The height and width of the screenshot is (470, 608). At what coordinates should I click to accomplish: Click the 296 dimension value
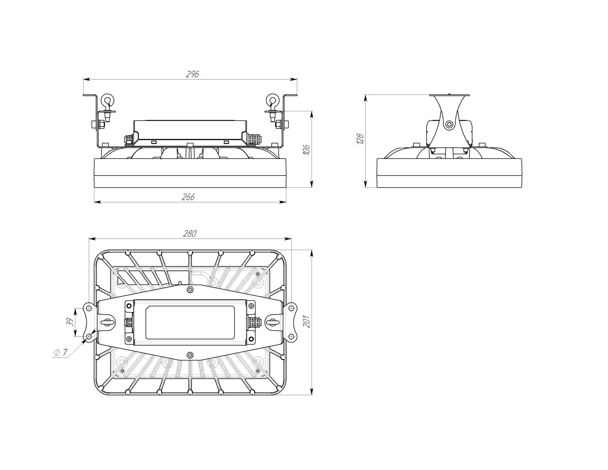pyautogui.click(x=192, y=74)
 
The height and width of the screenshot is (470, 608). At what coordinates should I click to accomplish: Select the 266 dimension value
pyautogui.click(x=188, y=197)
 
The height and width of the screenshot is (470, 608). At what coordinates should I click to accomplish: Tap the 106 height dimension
pyautogui.click(x=307, y=150)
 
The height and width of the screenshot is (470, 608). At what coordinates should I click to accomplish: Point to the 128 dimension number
pyautogui.click(x=360, y=139)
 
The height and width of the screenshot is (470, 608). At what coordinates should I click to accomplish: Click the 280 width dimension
pyautogui.click(x=190, y=234)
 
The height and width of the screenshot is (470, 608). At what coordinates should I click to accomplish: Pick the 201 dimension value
pyautogui.click(x=307, y=322)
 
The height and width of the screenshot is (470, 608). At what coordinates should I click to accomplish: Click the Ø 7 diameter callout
pyautogui.click(x=60, y=353)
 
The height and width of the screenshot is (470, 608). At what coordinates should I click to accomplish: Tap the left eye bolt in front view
pyautogui.click(x=108, y=107)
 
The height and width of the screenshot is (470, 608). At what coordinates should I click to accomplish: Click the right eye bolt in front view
pyautogui.click(x=272, y=107)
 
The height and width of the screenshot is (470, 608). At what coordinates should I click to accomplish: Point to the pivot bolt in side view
pyautogui.click(x=449, y=124)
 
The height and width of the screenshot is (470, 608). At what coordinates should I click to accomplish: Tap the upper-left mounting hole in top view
pyautogui.click(x=89, y=308)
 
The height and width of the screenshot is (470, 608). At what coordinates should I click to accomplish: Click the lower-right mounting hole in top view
pyautogui.click(x=291, y=336)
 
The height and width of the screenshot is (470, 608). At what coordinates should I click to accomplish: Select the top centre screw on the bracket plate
pyautogui.click(x=190, y=289)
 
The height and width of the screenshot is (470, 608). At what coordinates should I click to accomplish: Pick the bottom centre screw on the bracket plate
pyautogui.click(x=190, y=355)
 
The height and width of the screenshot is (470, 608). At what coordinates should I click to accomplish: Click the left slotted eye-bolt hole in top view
pyautogui.click(x=107, y=322)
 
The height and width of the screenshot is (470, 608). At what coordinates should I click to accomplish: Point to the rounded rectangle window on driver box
pyautogui.click(x=190, y=322)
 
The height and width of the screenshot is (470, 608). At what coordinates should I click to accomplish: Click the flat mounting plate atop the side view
pyautogui.click(x=449, y=95)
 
